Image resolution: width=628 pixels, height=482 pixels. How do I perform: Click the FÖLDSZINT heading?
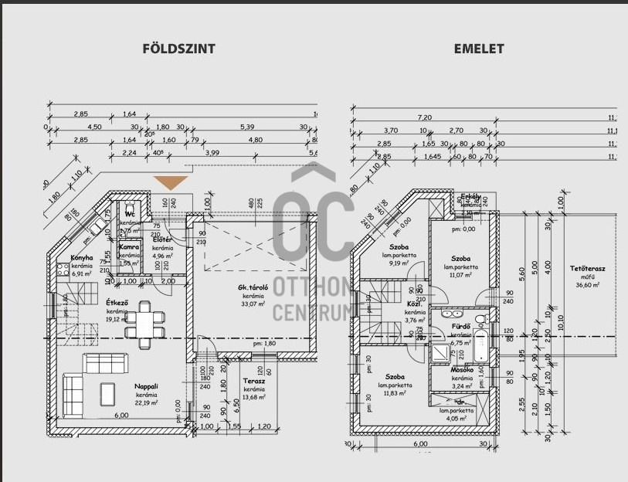tap(179, 48)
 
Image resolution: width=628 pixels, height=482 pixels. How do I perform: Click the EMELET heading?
tap(479, 48)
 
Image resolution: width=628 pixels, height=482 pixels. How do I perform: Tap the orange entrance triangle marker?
tap(171, 182)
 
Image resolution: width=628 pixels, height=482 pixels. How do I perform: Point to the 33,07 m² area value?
tap(253, 304)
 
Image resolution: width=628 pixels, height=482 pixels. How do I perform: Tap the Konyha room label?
tap(82, 257)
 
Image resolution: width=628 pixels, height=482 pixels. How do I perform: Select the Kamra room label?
tap(129, 246)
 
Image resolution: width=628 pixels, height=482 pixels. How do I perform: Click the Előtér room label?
tap(162, 239)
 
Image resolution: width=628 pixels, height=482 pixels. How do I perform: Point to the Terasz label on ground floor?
tap(254, 381)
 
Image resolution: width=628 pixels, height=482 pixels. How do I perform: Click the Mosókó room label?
tap(462, 370)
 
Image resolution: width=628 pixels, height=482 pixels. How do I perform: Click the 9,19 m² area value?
tap(399, 263)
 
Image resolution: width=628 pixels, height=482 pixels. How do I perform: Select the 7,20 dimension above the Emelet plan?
tap(424, 117)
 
